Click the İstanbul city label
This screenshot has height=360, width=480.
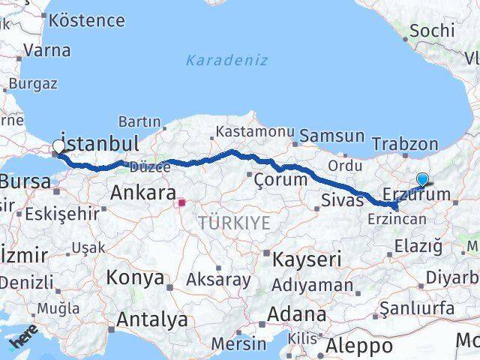[100, 143]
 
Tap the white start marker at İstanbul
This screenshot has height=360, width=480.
[58, 147]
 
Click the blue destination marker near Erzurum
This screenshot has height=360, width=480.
[423, 179]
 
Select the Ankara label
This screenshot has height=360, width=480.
[142, 193]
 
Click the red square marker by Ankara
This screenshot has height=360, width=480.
[181, 202]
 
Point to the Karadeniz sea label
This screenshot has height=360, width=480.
[226, 60]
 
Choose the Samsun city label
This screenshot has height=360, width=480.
[331, 136]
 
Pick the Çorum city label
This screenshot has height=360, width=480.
[280, 179]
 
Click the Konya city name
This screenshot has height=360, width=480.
[135, 277]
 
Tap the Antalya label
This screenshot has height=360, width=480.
[151, 320]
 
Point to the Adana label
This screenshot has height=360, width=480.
[298, 313]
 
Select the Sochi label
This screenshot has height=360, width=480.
[433, 31]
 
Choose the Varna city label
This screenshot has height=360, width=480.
[46, 51]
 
